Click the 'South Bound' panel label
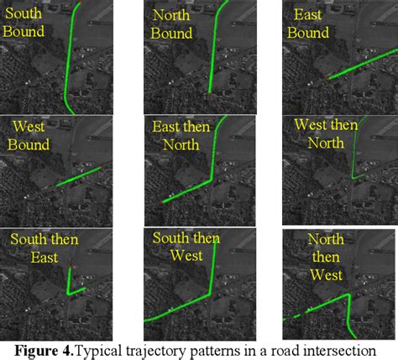pos(24,23)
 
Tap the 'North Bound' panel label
pos(171,24)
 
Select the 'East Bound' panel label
pos(308,23)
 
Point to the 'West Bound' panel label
pos(29,136)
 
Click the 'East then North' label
pos(181,136)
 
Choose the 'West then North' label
pos(326,133)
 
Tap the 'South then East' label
pos(45,248)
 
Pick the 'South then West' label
pos(186,247)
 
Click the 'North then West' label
pos(326,257)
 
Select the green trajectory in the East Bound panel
pos(363,64)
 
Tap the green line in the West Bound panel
pos(80,176)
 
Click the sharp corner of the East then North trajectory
pos(211,180)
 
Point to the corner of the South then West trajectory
pos(209,295)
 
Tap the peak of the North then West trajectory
pos(348,295)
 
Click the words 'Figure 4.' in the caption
pos(45,351)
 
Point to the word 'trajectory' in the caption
pos(150,352)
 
